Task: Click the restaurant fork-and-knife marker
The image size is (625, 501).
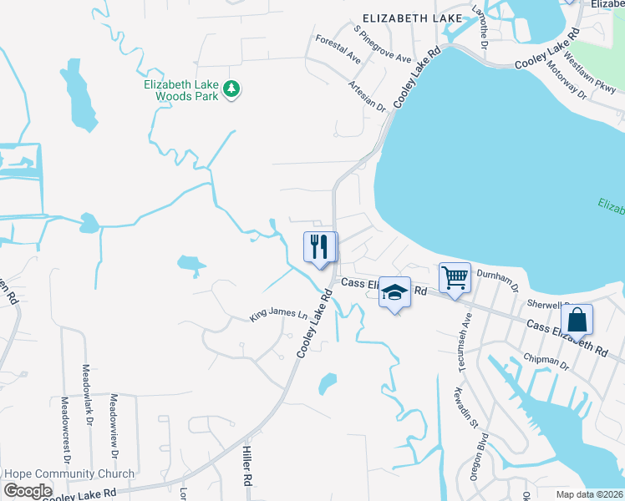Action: click(x=319, y=247)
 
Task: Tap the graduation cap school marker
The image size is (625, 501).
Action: click(x=394, y=293)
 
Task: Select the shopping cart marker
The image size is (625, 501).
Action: click(x=455, y=277)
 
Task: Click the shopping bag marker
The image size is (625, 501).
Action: click(x=577, y=319)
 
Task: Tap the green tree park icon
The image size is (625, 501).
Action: click(x=233, y=89)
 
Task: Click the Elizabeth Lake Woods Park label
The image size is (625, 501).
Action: click(x=181, y=90)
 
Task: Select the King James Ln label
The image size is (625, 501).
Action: click(x=279, y=315)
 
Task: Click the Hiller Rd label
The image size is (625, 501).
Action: click(x=247, y=466)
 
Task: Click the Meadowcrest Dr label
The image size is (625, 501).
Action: click(x=64, y=431)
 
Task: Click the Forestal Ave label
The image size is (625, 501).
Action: click(x=338, y=49)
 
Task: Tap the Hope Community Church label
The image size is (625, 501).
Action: click(x=69, y=474)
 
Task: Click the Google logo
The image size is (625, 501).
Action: click(x=27, y=490)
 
